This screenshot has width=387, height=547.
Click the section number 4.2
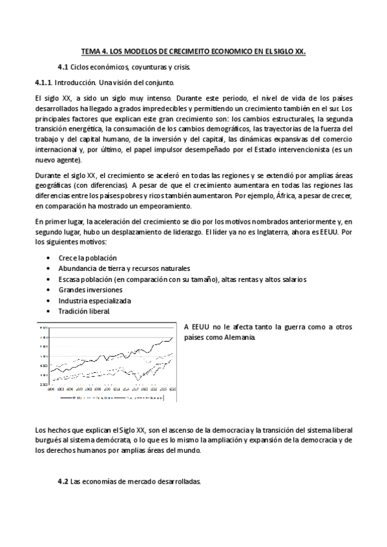pyautogui.click(x=63, y=481)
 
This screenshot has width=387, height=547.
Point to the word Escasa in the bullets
pyautogui.click(x=70, y=279)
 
